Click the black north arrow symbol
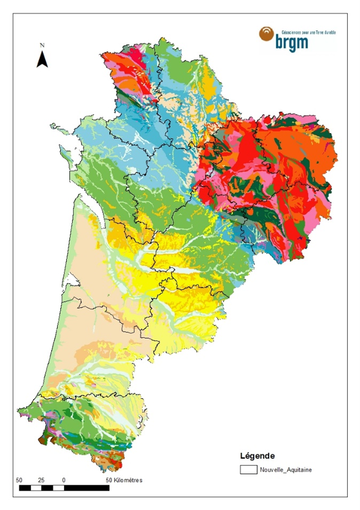(x=42, y=59)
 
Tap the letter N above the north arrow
(x=42, y=46)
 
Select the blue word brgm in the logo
(x=292, y=43)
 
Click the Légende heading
(x=258, y=456)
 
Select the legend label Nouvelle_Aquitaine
(x=285, y=470)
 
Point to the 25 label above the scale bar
(x=42, y=480)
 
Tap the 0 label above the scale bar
(x=63, y=480)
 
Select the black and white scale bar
(x=64, y=488)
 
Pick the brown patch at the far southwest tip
(x=42, y=441)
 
